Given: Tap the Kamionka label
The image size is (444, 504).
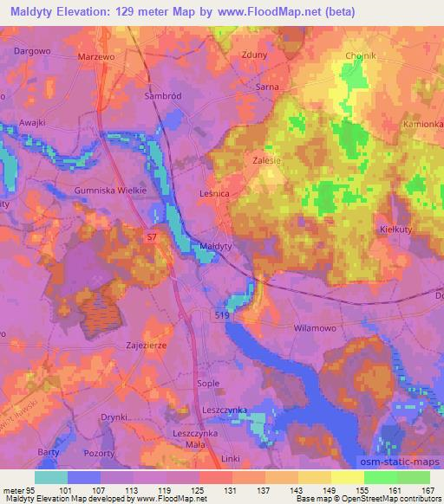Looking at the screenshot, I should click(423, 125).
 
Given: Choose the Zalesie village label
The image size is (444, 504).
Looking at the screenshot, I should click(270, 160).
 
